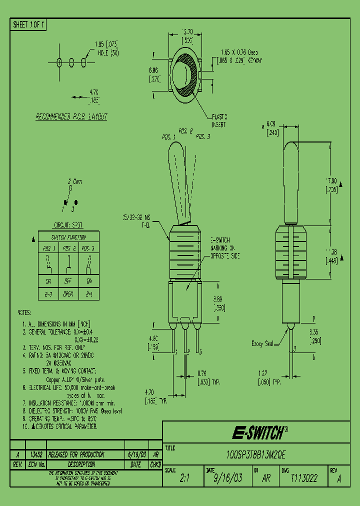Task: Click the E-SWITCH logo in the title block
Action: pyautogui.click(x=260, y=432)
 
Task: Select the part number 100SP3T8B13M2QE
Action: pyautogui.click(x=256, y=455)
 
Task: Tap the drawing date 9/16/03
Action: pyautogui.click(x=227, y=478)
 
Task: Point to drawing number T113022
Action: pyautogui.click(x=304, y=478)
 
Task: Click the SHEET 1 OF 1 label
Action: pyautogui.click(x=28, y=24)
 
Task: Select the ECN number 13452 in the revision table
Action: pyautogui.click(x=35, y=454)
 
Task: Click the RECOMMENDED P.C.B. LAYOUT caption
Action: pyautogui.click(x=71, y=116)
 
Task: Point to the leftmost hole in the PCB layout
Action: pyautogui.click(x=59, y=62)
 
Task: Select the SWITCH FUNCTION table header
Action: pyautogui.click(x=68, y=237)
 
